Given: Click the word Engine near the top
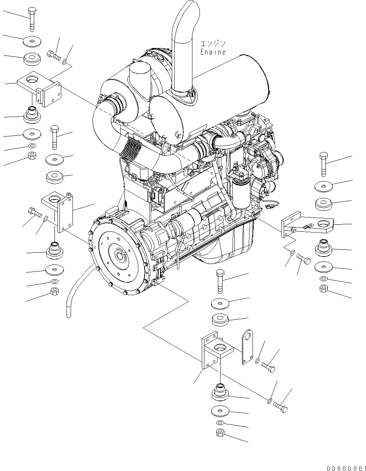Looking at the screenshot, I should click(213, 52).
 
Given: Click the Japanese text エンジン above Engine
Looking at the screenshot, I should click(213, 43).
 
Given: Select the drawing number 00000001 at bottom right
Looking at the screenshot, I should click(346, 468).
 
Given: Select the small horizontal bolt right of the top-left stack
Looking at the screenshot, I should click(54, 55).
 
